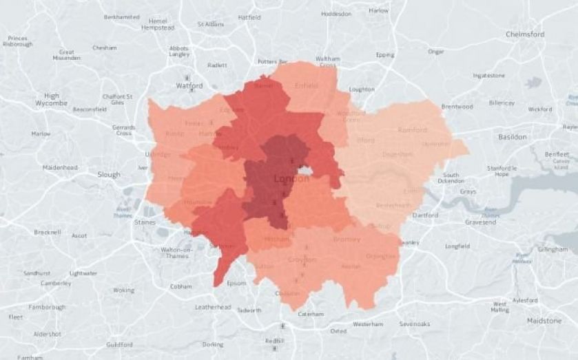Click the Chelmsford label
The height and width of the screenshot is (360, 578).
point(525,34)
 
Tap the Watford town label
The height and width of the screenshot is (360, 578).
point(189,86)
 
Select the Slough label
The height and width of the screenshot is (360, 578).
point(109,175)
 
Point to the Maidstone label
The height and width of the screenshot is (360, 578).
point(544,321)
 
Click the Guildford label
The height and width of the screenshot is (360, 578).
point(119,344)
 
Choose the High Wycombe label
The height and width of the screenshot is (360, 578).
point(52,100)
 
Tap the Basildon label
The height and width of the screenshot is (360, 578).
point(512,137)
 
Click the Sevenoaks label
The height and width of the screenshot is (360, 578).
point(415,324)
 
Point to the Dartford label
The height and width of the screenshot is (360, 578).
point(425,215)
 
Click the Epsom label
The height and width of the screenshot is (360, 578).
point(236,283)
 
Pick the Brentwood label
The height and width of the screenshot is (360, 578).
point(457,107)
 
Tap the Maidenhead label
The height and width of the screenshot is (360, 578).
point(59,167)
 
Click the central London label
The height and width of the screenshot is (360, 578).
point(292,179)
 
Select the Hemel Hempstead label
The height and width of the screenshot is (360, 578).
point(158,23)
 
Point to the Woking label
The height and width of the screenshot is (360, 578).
point(124,290)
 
